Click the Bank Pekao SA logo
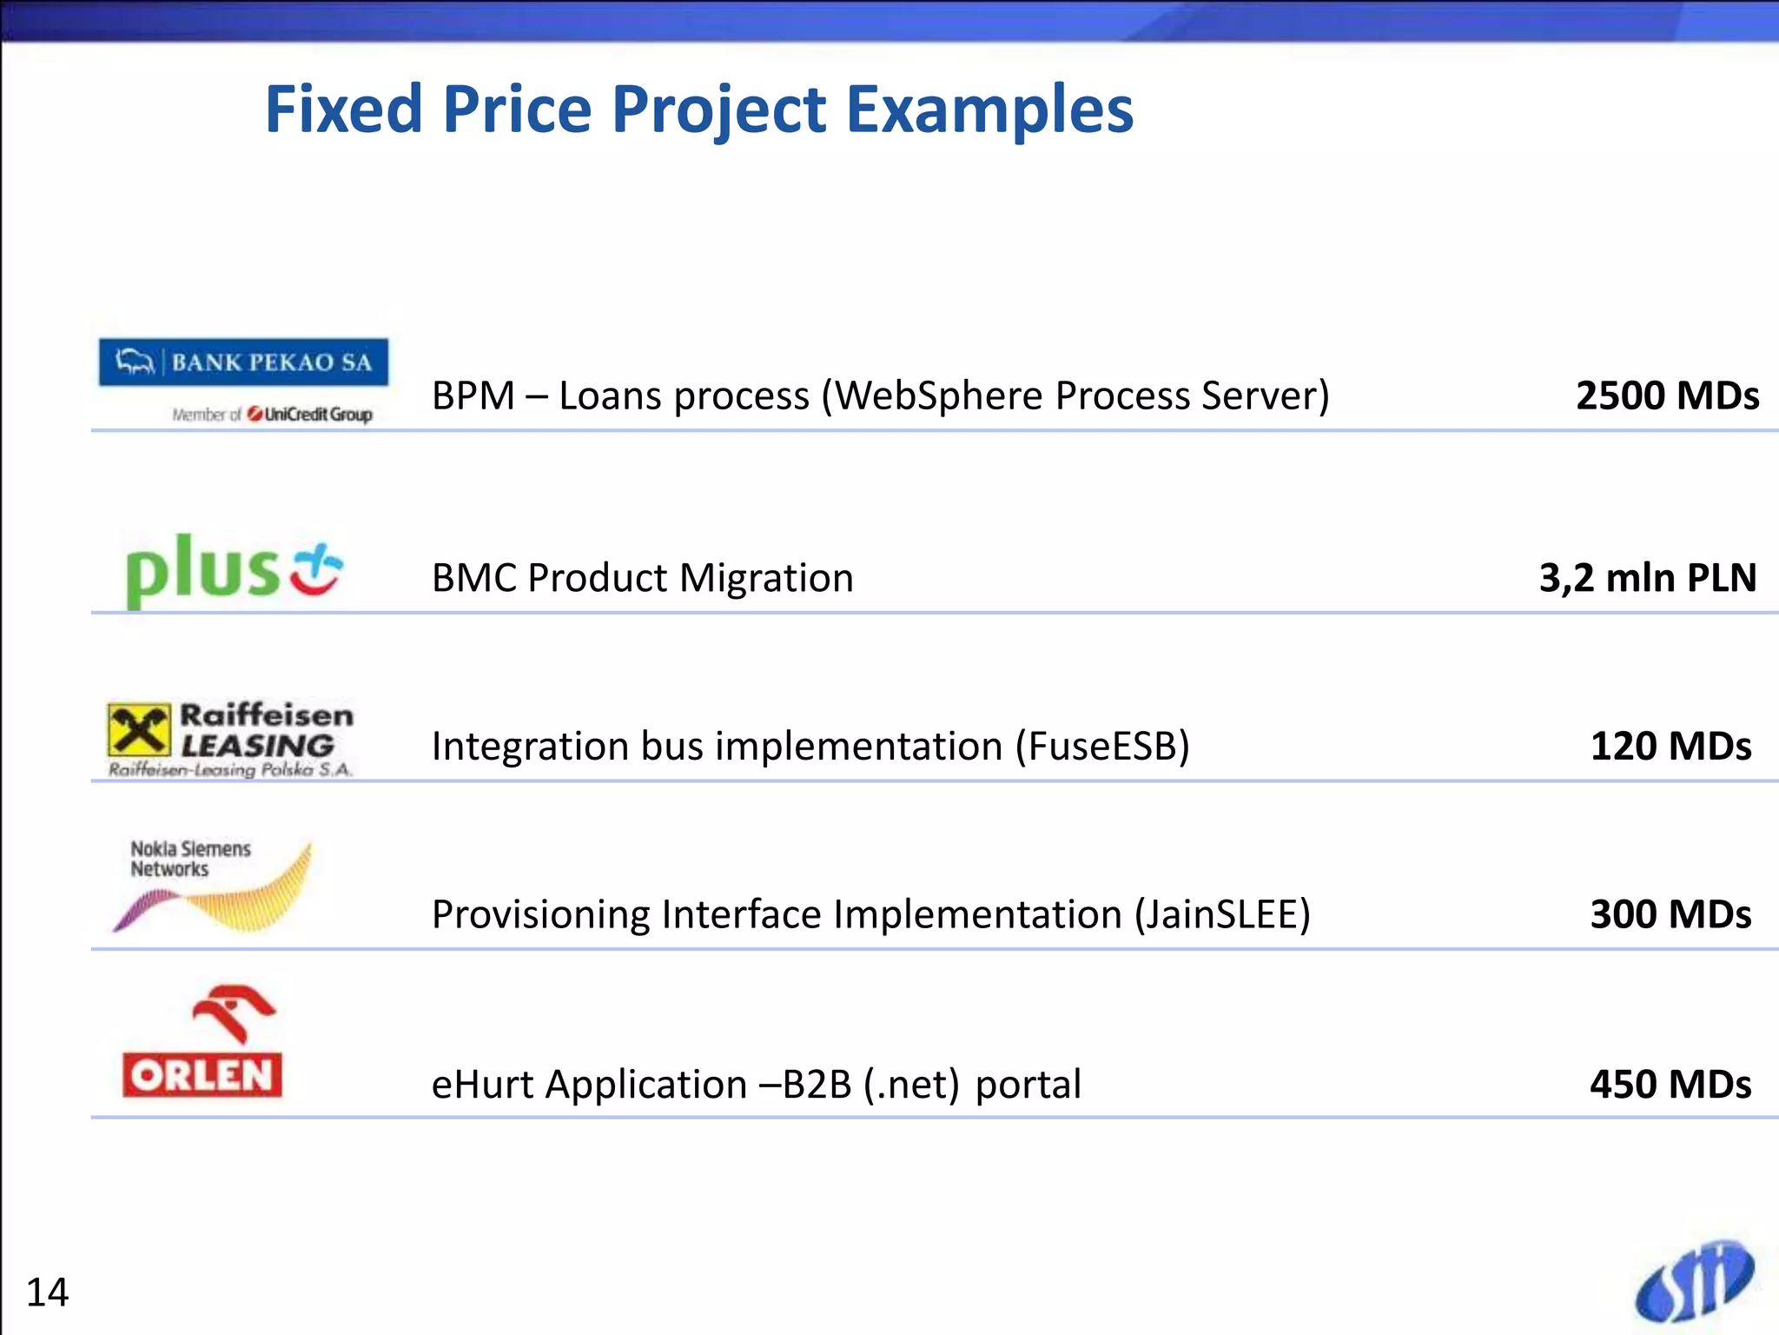243,362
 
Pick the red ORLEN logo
203,1043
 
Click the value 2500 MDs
1667,396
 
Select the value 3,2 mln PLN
1648,578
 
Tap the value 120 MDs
1670,747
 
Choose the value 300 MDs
1670,914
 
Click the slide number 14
47,1292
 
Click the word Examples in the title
989,110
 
